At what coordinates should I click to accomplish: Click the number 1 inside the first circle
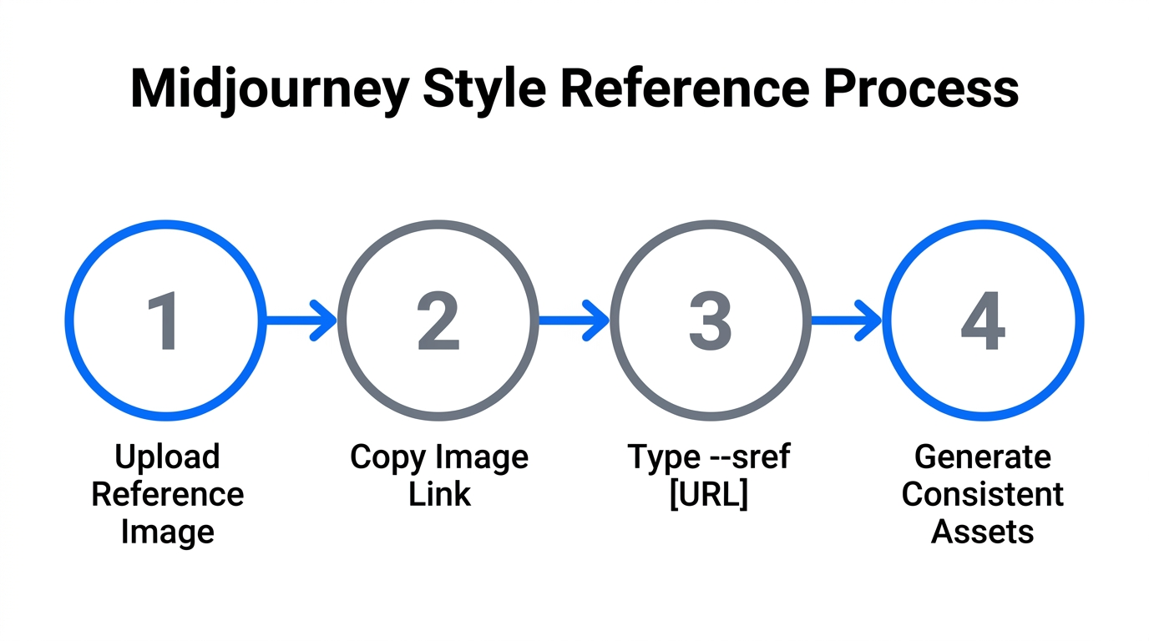coord(164,322)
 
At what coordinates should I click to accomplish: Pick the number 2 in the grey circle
coord(438,322)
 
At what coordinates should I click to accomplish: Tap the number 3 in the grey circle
coord(710,322)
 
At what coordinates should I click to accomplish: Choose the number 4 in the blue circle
coord(983,322)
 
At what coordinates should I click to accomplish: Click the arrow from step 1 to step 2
coord(301,320)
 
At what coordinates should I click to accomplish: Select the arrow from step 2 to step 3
coord(574,320)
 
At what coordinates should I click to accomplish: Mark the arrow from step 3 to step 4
coord(846,320)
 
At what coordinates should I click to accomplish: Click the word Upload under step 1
coord(167,457)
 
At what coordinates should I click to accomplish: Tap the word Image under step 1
coord(167,531)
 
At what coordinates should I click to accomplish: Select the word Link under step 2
coord(439,494)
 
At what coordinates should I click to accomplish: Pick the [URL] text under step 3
coord(709,494)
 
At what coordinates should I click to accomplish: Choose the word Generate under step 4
coord(983,457)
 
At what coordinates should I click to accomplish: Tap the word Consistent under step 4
coord(983,494)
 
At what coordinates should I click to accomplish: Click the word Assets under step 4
coord(983,531)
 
